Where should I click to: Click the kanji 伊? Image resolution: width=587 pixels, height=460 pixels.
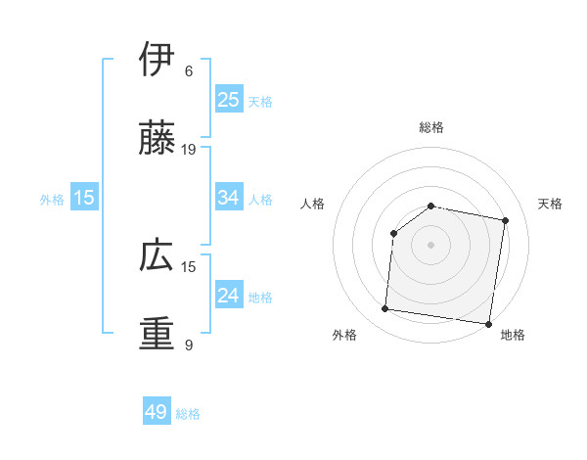(x=157, y=60)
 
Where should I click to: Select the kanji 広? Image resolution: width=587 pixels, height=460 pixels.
(x=157, y=255)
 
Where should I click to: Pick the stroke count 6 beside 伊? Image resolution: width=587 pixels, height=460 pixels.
(x=189, y=71)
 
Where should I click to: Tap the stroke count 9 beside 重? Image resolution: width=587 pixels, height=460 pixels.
(x=189, y=345)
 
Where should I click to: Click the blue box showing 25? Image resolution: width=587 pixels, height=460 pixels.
(x=229, y=100)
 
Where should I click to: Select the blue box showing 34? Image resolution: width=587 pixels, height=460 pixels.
(x=229, y=198)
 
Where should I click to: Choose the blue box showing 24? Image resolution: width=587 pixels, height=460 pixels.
(x=229, y=296)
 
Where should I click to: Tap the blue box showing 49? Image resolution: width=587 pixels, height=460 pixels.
(x=157, y=413)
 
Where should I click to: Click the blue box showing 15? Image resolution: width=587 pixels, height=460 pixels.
(x=84, y=198)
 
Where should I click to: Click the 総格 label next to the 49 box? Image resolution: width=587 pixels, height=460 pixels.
(x=188, y=414)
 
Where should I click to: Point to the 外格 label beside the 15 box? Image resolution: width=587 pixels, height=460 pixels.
(x=52, y=199)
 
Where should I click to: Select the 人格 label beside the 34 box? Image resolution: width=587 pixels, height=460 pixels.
(x=260, y=199)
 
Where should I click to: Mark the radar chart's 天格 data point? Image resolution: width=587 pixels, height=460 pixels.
(x=506, y=220)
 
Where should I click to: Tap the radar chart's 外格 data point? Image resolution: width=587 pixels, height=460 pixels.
(x=384, y=309)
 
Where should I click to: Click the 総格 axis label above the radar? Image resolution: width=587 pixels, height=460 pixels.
(x=430, y=127)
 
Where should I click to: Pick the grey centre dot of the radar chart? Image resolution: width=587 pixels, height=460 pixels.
(x=430, y=244)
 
